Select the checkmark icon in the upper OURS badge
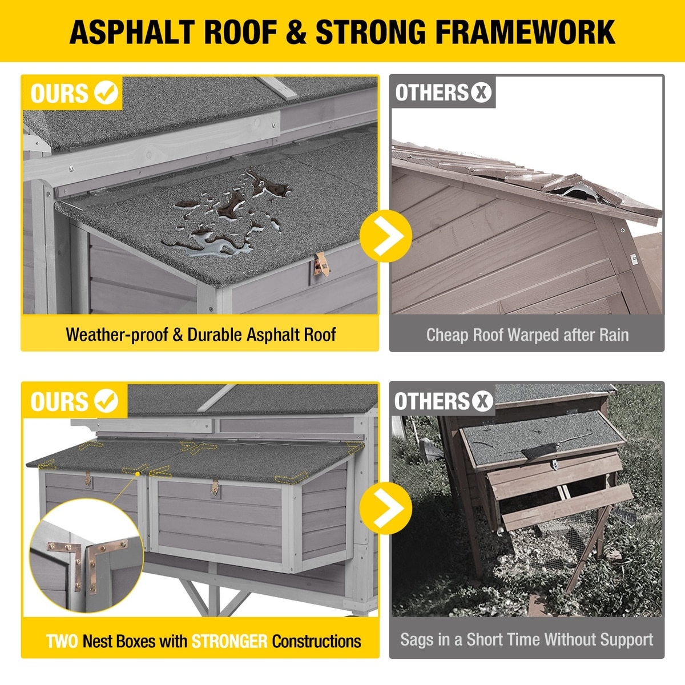pyautogui.click(x=106, y=93)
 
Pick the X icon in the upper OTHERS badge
pyautogui.click(x=481, y=92)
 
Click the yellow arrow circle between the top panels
pyautogui.click(x=386, y=236)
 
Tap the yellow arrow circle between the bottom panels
pyautogui.click(x=386, y=508)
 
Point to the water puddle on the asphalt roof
pyautogui.click(x=228, y=213)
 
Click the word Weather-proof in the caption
pyautogui.click(x=117, y=335)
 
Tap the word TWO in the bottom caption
pyautogui.click(x=62, y=641)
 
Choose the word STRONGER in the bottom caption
pyautogui.click(x=229, y=641)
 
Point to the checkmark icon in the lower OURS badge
pyautogui.click(x=106, y=401)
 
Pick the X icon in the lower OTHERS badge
pyautogui.click(x=482, y=401)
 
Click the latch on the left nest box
pyautogui.click(x=87, y=479)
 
